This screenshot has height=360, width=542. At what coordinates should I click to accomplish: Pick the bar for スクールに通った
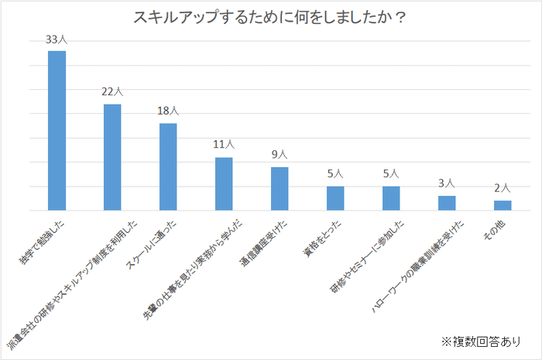pyautogui.click(x=168, y=166)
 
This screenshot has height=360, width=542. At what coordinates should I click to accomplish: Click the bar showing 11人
pyautogui.click(x=224, y=183)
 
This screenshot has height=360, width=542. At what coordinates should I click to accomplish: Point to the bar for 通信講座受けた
pyautogui.click(x=280, y=189)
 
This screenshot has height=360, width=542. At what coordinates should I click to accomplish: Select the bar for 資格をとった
pyautogui.click(x=335, y=198)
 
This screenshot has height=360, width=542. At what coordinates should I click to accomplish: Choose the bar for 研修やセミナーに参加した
pyautogui.click(x=391, y=198)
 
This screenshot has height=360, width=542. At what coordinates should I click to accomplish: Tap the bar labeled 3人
pyautogui.click(x=447, y=203)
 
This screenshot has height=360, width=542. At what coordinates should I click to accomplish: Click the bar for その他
pyautogui.click(x=503, y=205)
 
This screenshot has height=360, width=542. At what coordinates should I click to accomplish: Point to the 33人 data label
pyautogui.click(x=57, y=39)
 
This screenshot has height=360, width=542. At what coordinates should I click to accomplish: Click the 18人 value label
pyautogui.click(x=168, y=111)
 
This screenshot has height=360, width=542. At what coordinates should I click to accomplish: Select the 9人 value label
pyautogui.click(x=280, y=155)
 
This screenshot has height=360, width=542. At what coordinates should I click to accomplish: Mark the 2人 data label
pyautogui.click(x=503, y=188)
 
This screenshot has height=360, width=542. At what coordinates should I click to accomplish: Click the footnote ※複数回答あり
pyautogui.click(x=480, y=341)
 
